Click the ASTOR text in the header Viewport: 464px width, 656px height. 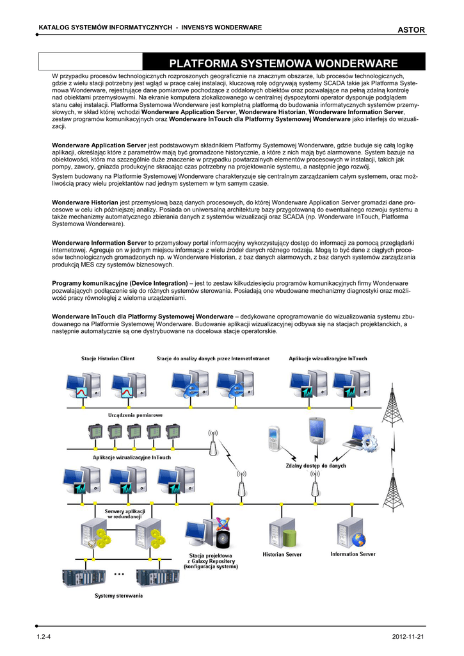coord(411,29)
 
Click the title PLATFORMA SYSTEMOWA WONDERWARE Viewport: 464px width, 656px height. coord(282,63)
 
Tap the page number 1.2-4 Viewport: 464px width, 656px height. coord(44,635)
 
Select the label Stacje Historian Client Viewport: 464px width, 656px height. coord(108,359)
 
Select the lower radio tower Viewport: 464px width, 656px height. coord(393,491)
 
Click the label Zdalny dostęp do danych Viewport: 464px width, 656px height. coord(312,466)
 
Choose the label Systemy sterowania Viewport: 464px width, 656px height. coord(118,596)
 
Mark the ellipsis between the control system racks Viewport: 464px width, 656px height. coord(119,575)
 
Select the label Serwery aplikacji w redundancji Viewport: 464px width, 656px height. coord(125,514)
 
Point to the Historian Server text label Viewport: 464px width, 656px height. coord(282,555)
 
